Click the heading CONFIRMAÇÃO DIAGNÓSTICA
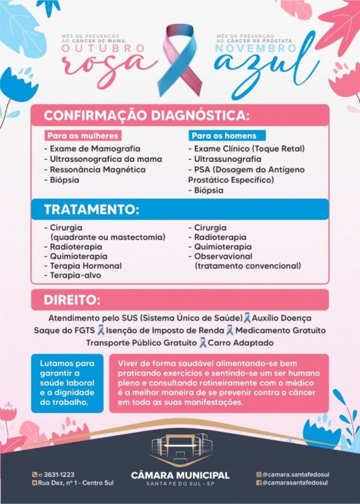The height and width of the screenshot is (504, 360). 146,116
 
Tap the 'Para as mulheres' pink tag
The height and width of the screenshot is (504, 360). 82,136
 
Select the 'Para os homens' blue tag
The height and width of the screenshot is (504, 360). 224,136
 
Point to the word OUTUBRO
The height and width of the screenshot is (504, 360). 103,48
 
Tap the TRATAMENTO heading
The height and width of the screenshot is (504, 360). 91,210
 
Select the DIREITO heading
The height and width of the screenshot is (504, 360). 72,300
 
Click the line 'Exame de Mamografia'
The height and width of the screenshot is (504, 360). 89,149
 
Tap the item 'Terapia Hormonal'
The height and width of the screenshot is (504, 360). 86,266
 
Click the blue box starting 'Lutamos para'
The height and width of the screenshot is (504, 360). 67,383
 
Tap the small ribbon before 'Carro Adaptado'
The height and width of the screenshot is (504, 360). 203,343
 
